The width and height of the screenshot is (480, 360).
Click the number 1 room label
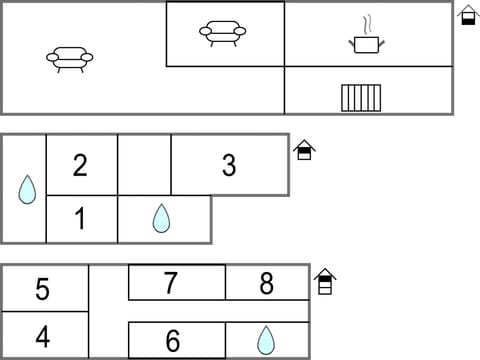[x=80, y=219]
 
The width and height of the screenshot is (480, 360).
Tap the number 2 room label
[x=80, y=165]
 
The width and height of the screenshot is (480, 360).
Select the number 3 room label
[x=229, y=165]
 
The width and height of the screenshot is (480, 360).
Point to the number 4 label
[x=42, y=335]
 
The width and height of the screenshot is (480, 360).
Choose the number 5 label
[x=42, y=289]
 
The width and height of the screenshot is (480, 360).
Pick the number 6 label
[x=172, y=341]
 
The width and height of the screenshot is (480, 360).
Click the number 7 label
[x=171, y=283]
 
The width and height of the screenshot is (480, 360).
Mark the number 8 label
[x=266, y=283]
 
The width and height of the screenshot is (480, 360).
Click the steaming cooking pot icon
[x=366, y=42]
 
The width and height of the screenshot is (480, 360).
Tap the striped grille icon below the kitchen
[x=361, y=97]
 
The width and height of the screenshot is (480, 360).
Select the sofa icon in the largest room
[x=69, y=58]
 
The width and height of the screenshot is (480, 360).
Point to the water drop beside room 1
[x=161, y=218]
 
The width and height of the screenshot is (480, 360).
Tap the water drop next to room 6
[x=265, y=340]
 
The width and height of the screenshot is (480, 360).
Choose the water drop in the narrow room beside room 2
[x=27, y=189]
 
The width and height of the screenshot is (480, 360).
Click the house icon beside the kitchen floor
[x=468, y=14]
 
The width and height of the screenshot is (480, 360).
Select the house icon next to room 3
[x=305, y=150]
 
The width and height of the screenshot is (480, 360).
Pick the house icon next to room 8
[x=324, y=280]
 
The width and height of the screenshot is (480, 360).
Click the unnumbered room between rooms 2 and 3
[x=144, y=165]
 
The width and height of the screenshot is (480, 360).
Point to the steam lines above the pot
[x=367, y=23]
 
